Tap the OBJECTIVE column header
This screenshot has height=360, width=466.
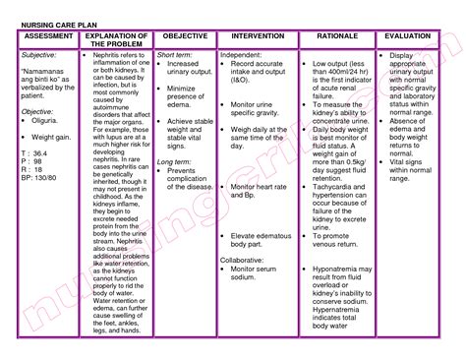(185, 35)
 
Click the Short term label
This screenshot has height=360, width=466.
(174, 56)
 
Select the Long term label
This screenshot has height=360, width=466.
(174, 188)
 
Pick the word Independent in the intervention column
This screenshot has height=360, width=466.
(241, 56)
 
